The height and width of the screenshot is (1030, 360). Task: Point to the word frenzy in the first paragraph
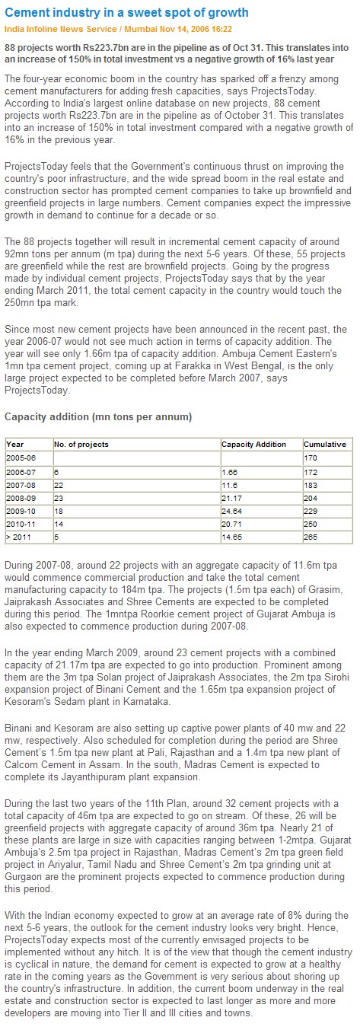[283, 79]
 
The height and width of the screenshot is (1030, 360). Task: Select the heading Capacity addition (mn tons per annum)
[98, 417]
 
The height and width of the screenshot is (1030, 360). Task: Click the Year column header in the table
[15, 444]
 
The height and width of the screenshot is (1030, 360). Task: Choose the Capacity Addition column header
[253, 444]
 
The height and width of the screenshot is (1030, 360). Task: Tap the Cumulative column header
[325, 444]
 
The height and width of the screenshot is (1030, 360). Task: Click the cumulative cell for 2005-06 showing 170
[311, 458]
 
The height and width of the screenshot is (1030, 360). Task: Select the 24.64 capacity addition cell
[231, 511]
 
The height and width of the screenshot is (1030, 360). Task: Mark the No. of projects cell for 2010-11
[59, 524]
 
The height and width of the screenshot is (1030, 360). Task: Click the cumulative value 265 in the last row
[311, 537]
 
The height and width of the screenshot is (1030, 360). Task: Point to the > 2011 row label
[18, 537]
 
